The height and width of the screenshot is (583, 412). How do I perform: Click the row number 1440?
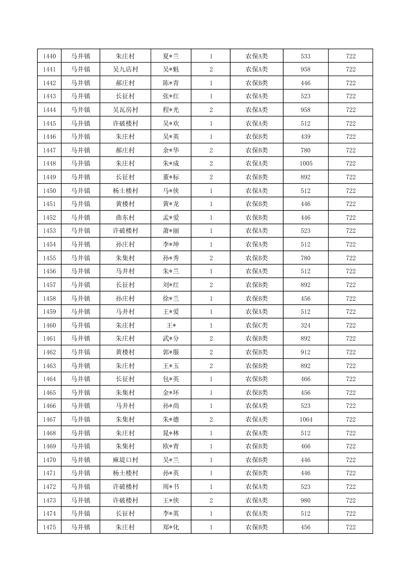pos(49,56)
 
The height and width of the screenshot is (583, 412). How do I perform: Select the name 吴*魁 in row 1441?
pos(171,70)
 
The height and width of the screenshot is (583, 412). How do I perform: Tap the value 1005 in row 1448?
pos(306,163)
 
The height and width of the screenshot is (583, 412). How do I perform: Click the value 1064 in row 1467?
pos(306,420)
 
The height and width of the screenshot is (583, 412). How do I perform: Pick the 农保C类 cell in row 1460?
pos(257,325)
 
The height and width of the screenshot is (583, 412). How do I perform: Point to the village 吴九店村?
pos(125,70)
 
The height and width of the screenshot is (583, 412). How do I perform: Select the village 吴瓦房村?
pos(125,110)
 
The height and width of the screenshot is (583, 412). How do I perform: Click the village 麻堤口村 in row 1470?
pos(125,460)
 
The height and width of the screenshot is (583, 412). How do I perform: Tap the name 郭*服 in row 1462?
pos(171,352)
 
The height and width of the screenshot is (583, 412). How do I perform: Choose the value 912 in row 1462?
pos(306,352)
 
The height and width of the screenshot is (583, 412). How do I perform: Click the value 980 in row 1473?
pos(306,501)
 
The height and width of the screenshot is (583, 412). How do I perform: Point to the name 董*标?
pos(171,177)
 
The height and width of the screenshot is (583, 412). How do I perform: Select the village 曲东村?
pos(125,218)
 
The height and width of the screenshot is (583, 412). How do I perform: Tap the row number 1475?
pos(49,527)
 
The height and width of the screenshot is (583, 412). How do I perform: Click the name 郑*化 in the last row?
pos(171,527)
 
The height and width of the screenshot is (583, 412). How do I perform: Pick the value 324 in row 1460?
pos(306,325)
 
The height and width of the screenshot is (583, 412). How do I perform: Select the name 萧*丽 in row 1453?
pos(171,231)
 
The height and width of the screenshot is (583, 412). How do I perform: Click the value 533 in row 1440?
pos(306,56)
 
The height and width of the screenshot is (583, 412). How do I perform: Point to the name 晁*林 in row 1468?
pos(171,433)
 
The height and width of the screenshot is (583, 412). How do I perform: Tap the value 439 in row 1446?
pos(306,137)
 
